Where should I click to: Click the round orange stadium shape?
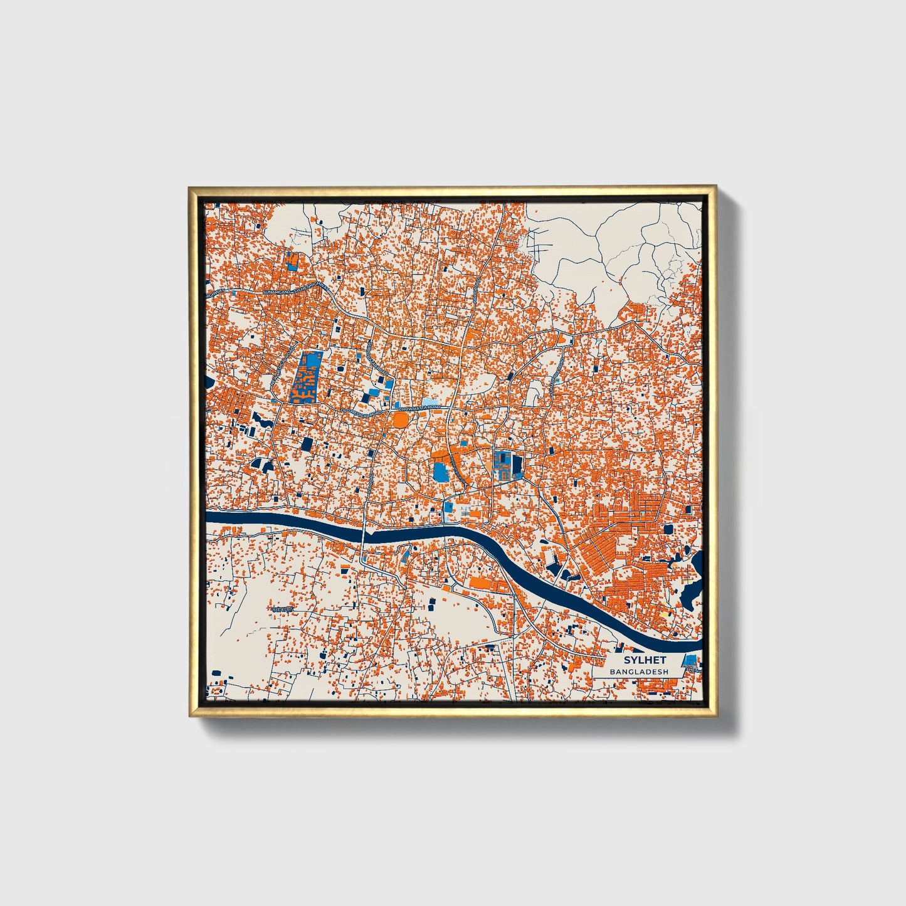(x=400, y=418)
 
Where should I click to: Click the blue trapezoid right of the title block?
(x=690, y=660)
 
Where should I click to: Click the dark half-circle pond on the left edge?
(x=210, y=381)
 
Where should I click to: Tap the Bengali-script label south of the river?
(x=282, y=609)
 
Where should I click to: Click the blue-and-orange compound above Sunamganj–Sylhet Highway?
(x=292, y=261)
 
